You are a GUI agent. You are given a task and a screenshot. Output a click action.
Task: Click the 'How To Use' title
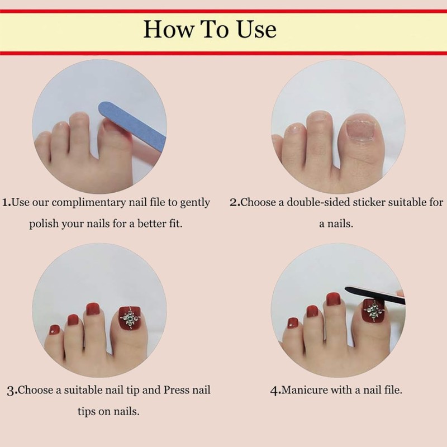click(210, 29)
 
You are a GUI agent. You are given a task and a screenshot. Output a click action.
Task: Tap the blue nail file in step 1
click(132, 125)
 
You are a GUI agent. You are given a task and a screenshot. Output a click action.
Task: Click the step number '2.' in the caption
click(235, 202)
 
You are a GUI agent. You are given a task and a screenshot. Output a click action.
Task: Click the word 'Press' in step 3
click(177, 389)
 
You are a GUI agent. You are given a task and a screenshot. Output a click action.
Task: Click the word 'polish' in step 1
click(44, 223)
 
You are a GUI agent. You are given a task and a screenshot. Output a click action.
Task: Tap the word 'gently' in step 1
click(194, 202)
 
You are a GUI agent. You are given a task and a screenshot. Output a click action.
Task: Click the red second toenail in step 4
click(333, 300)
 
